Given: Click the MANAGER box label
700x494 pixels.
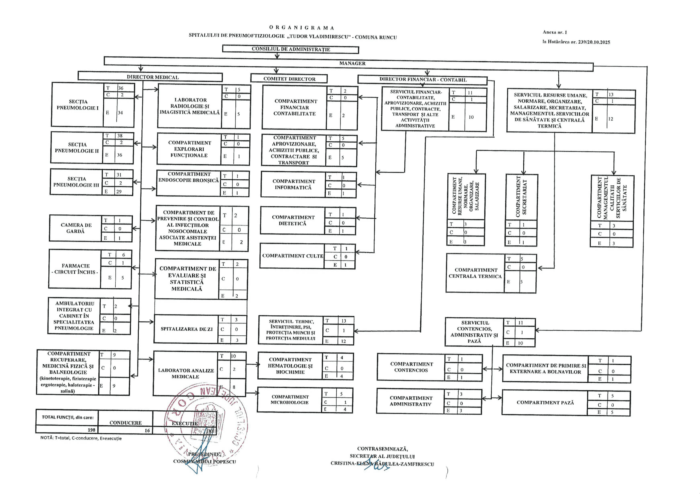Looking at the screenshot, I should [x=352, y=63].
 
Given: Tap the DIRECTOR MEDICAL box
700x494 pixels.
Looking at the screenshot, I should [x=152, y=77].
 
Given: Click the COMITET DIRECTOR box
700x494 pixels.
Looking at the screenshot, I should [x=289, y=79].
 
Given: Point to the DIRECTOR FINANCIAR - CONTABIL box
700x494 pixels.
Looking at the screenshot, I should [x=422, y=80].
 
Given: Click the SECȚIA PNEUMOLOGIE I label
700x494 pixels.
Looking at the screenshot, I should [x=77, y=104].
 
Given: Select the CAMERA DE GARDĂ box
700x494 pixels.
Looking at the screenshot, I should [x=76, y=228].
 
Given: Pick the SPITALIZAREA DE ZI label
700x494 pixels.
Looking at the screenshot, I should [x=186, y=329].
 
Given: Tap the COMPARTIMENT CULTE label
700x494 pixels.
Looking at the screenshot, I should [x=292, y=256].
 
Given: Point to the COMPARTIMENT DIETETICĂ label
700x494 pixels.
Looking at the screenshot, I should [x=293, y=220].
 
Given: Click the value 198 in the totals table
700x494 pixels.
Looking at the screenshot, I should [x=91, y=430].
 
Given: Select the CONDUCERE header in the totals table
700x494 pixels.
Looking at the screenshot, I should [x=126, y=423].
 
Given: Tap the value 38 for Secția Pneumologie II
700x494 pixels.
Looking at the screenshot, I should [x=120, y=136].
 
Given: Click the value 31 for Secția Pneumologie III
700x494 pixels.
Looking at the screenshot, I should [x=119, y=175].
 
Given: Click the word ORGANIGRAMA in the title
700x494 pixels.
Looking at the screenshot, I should [x=302, y=28].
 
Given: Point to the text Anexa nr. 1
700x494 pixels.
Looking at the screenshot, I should [x=555, y=32].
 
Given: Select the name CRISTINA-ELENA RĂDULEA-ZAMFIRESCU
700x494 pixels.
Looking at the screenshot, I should [x=382, y=464].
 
